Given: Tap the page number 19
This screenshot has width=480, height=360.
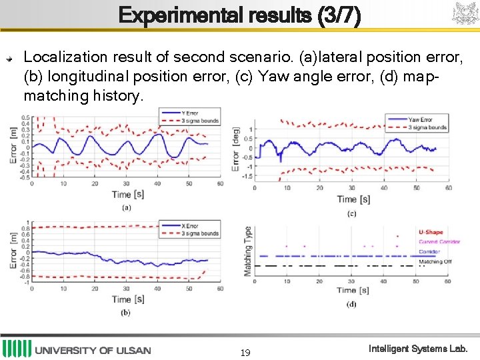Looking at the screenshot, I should click(245, 352).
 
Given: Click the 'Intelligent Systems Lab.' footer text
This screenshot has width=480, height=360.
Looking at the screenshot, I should click(419, 349).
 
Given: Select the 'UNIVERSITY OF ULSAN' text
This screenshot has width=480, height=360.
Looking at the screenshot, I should click(93, 351).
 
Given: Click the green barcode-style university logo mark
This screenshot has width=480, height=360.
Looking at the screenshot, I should click(17, 349).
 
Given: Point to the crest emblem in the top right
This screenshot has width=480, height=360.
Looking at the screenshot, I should click(464, 14).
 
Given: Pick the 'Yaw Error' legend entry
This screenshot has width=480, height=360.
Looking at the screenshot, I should click(420, 120).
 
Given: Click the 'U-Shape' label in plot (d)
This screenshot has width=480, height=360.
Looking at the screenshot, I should click(431, 233).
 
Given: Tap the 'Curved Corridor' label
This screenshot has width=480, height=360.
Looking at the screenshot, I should click(439, 242).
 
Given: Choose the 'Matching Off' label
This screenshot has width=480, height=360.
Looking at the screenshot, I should click(435, 262).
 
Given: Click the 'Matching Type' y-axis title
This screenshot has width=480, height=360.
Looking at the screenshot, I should click(248, 251).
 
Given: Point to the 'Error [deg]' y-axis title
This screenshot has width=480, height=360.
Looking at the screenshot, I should click(235, 150).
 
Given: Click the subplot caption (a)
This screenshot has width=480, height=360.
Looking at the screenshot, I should click(126, 207).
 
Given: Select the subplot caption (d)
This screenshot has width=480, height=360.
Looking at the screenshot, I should click(351, 304).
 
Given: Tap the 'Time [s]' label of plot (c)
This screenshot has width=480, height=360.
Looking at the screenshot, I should click(353, 199).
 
